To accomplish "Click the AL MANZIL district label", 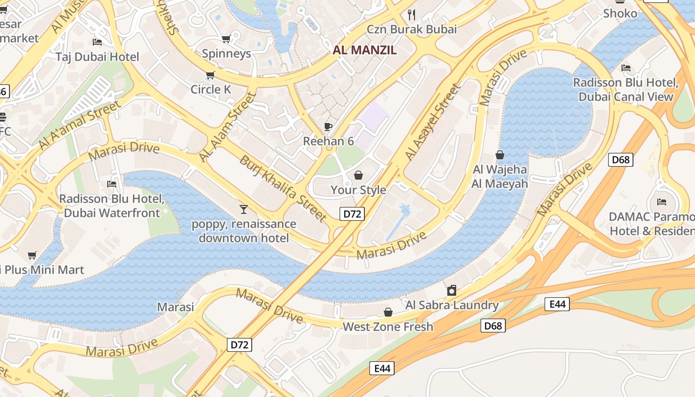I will [x=364, y=50].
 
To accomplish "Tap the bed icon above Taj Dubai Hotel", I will [x=97, y=42].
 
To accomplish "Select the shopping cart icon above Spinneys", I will [x=226, y=39].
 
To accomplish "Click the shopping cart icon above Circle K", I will [x=210, y=75].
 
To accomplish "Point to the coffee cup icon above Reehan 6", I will [x=328, y=126].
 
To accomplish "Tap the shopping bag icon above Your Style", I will [x=358, y=175].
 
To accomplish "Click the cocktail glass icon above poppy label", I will [x=243, y=209].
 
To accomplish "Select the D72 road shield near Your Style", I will [x=352, y=214].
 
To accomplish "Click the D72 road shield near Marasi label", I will [x=240, y=344].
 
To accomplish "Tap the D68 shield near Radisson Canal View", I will [x=621, y=159].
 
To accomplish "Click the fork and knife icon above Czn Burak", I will [x=411, y=14].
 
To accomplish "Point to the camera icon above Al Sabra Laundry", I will [x=452, y=290].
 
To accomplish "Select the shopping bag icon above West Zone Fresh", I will [x=388, y=312].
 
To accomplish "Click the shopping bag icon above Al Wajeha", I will [x=499, y=155].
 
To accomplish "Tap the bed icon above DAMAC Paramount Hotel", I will [x=661, y=201].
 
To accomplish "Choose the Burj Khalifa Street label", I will [x=282, y=188].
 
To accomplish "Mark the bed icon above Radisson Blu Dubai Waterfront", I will [x=112, y=184].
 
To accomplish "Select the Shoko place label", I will [x=620, y=13].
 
